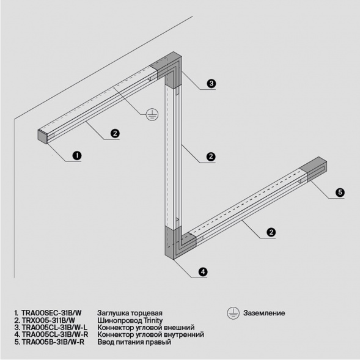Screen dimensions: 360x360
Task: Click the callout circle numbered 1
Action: [x=77, y=156]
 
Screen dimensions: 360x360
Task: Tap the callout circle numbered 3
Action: [x=210, y=84]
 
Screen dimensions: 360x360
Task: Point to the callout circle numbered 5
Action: [x=340, y=193]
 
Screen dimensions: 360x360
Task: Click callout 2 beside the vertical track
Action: [x=210, y=157]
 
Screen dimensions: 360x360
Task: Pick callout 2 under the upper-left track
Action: [x=114, y=133]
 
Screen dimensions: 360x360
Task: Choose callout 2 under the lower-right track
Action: [x=271, y=232]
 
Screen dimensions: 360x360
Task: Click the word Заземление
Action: [x=264, y=313]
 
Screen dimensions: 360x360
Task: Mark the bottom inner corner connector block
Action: [x=172, y=243]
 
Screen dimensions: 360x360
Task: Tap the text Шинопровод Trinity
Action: [x=129, y=320]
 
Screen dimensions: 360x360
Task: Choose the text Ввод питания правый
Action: [x=134, y=342]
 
